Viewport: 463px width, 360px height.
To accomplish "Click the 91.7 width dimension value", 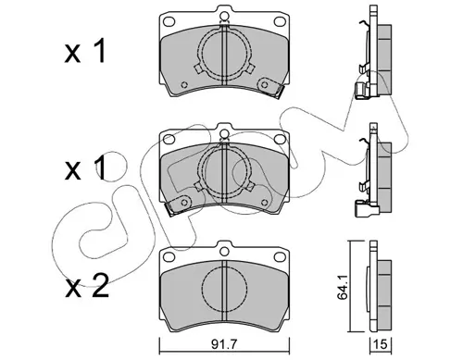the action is [x=224, y=344].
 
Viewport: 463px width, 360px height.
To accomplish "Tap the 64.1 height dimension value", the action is [x=343, y=287].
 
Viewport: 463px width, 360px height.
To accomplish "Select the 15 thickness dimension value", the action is [x=381, y=344].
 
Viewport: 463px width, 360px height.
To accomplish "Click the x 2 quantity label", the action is [x=87, y=286].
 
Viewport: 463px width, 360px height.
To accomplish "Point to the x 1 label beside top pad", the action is [x=85, y=51].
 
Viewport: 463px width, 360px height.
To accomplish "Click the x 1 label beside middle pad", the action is [x=85, y=168].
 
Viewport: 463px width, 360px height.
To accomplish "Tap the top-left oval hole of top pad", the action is [x=169, y=21].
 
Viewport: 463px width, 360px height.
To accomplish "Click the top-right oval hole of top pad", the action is [x=280, y=21].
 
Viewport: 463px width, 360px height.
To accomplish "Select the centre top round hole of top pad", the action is [x=224, y=16].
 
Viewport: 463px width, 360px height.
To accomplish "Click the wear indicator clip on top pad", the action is [x=270, y=87].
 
